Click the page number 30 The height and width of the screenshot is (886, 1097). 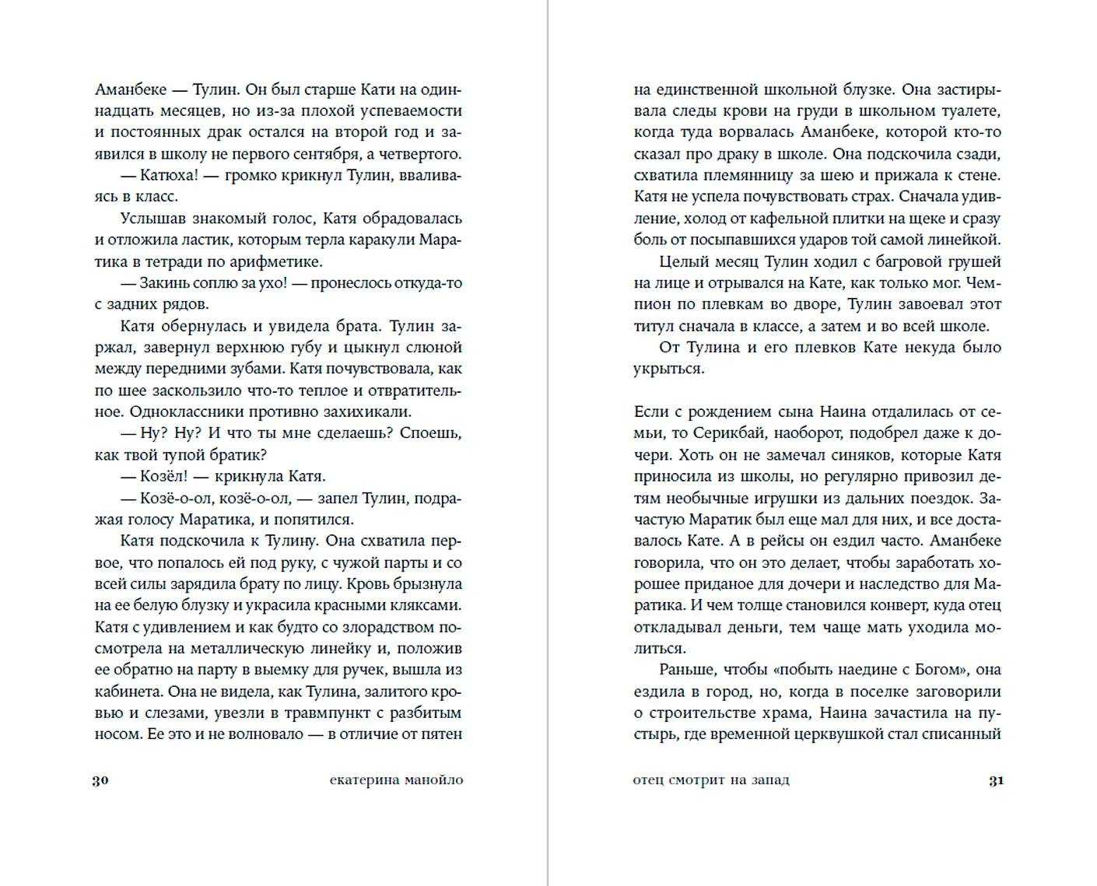101,780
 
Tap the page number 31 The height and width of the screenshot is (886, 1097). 996,780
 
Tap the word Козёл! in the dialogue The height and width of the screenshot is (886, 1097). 165,477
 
